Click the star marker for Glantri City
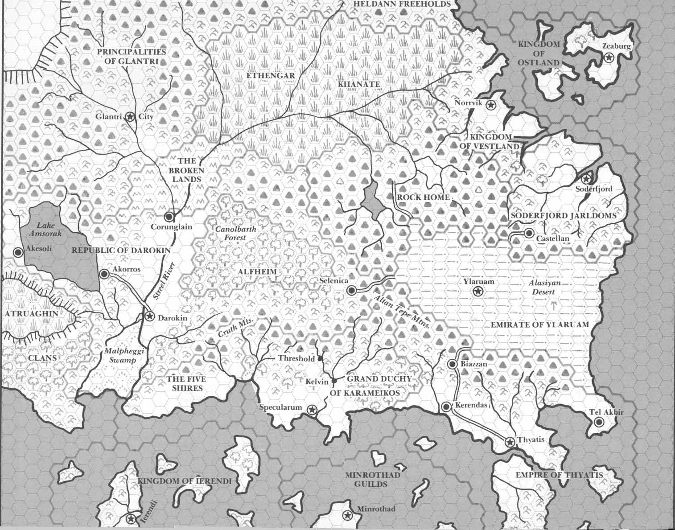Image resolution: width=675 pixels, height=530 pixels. coord(130,117)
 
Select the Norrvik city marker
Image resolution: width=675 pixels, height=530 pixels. coord(490,105)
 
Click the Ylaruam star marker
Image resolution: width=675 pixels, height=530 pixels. coord(478,292)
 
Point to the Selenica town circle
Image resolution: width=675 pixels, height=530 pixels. coord(351,291)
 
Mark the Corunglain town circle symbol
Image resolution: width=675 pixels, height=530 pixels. coord(169,217)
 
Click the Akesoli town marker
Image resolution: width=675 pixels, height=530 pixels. coord(18,252)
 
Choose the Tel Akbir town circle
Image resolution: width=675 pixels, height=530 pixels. coord(599,422)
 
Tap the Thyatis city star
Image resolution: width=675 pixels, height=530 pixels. coord(509,442)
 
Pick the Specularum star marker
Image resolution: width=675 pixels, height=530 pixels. coord(312,409)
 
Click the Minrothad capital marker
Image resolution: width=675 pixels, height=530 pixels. coord(346,516)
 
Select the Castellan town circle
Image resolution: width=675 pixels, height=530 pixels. coord(529,233)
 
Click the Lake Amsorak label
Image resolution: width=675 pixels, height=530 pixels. coord(45,230)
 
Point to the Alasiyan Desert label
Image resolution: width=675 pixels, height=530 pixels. coord(544,288)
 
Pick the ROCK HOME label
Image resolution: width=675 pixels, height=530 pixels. coord(423,197)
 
